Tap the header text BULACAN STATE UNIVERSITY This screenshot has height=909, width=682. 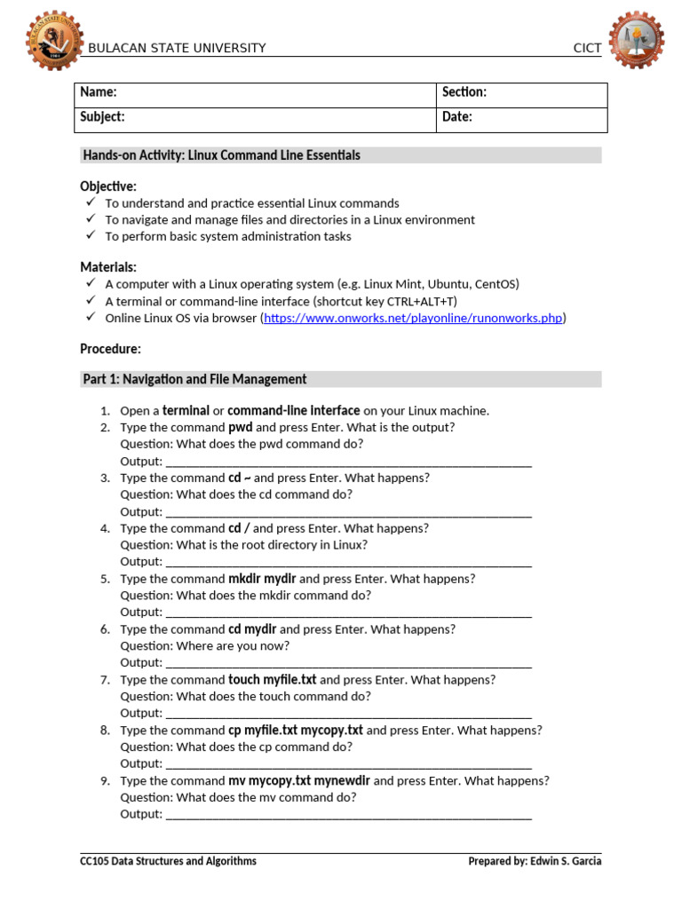(177, 48)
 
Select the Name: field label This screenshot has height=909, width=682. (99, 92)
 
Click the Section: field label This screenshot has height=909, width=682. (464, 92)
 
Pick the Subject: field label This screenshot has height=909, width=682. (102, 117)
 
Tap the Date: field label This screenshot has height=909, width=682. (456, 117)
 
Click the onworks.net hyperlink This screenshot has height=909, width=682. (413, 318)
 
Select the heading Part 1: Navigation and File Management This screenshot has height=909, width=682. (194, 379)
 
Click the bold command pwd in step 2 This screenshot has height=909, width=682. (241, 427)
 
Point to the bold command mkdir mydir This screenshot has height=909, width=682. (262, 578)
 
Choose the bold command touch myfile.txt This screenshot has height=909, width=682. (272, 679)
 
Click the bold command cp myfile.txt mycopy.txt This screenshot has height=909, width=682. (296, 730)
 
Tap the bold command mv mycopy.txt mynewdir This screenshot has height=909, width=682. (299, 780)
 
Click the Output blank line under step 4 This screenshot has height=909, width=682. (348, 562)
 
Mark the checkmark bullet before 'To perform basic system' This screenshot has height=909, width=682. (90, 236)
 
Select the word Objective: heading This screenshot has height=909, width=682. (108, 186)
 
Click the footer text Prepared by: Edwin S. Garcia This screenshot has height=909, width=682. (535, 861)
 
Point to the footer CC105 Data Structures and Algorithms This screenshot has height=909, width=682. (168, 861)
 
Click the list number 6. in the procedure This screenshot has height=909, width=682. (105, 628)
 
